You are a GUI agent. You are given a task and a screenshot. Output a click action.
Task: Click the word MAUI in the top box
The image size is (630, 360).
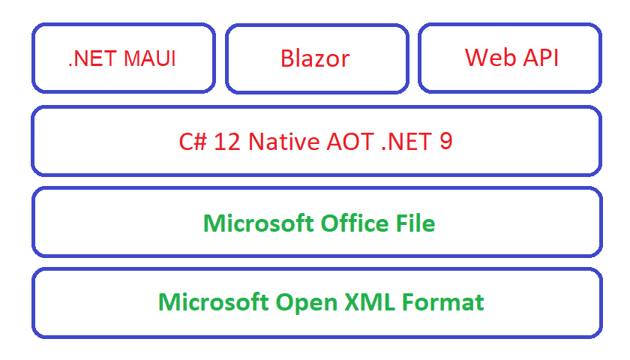tap(150, 58)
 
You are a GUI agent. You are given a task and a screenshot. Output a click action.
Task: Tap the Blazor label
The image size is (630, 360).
tap(315, 58)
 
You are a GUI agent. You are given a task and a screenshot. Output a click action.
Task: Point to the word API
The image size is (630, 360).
tap(541, 58)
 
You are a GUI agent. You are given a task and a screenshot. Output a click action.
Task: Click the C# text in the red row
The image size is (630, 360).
tap(193, 142)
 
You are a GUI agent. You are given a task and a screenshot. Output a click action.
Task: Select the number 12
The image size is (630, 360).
tap(227, 142)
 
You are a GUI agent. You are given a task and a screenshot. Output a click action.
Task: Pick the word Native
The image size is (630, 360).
tap(283, 142)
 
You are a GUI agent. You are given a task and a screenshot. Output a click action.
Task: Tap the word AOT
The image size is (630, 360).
tap(350, 142)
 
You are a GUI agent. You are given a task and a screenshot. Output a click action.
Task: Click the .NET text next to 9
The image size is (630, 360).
tap(406, 142)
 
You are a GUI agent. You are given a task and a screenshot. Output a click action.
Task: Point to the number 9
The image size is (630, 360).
tap(446, 142)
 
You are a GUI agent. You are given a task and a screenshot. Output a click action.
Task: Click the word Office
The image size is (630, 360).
tap(355, 223)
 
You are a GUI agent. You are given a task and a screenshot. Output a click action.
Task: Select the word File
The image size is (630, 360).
tap(415, 223)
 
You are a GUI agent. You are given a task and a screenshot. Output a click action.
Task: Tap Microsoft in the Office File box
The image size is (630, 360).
tap(258, 223)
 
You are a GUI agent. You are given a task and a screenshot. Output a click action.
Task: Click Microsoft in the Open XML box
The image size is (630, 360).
tap(213, 302)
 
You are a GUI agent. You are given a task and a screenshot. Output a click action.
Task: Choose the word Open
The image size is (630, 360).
tap(307, 303)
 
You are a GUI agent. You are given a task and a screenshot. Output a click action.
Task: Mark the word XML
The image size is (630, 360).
tap(370, 302)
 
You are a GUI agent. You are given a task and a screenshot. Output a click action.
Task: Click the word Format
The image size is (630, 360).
tap(442, 302)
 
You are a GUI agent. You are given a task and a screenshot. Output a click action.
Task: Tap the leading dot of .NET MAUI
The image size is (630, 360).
tap(70, 66)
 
